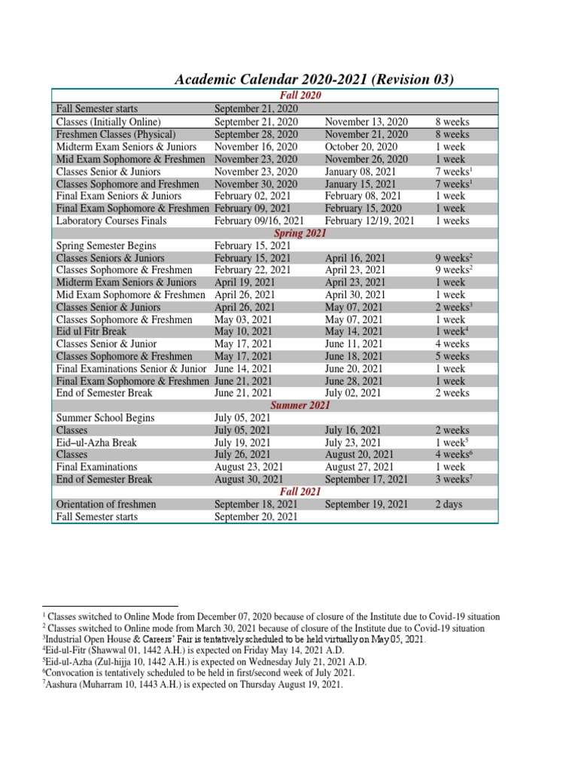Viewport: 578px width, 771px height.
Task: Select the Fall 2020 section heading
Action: (300, 96)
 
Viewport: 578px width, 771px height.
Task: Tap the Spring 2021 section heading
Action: (300, 233)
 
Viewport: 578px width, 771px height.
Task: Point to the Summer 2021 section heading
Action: (300, 405)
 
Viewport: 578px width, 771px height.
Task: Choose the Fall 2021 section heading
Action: (300, 492)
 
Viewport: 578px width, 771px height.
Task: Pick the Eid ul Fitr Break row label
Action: (91, 331)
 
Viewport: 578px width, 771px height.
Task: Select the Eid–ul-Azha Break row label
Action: (96, 443)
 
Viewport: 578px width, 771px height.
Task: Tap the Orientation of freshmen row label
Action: (106, 504)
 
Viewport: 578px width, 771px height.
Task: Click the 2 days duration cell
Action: (449, 504)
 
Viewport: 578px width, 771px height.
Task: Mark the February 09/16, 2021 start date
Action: (259, 221)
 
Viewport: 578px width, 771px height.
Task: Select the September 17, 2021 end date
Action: (367, 480)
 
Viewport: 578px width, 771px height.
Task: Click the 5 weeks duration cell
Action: (452, 356)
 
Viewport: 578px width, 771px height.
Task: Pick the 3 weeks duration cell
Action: (453, 480)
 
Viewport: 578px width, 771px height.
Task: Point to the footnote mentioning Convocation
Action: (199, 672)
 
